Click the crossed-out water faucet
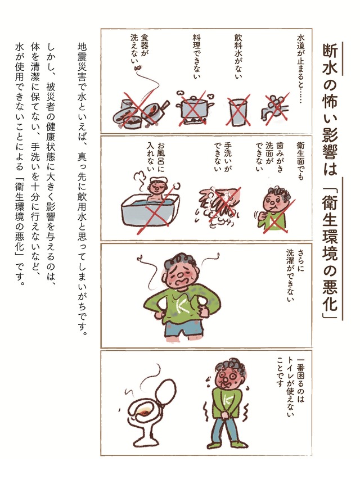pos(276,108)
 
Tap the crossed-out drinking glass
pos(238,111)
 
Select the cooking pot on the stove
pos(195,108)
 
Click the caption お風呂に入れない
pos(155,157)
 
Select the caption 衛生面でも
pos(300,161)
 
